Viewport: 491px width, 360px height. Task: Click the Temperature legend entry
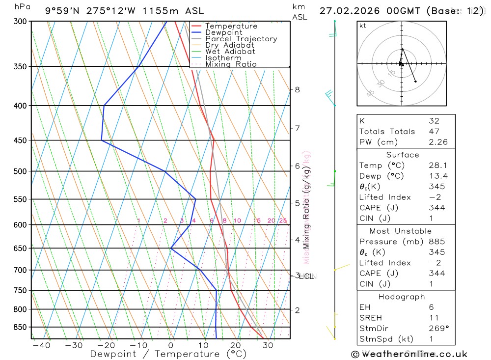[x=231, y=26]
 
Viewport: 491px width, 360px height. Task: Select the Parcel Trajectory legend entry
[x=241, y=39]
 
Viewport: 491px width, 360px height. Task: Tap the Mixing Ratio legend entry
[x=231, y=64]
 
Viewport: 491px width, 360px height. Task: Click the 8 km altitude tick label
[x=297, y=89]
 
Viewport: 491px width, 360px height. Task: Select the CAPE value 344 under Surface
[x=436, y=208]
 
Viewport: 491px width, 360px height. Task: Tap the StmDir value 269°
[x=438, y=329]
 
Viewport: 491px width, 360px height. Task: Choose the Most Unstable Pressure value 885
[x=436, y=242]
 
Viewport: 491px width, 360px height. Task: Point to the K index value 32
[x=434, y=121]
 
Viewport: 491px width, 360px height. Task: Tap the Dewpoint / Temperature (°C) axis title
[x=168, y=354]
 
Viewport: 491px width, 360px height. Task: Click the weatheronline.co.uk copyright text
[x=409, y=354]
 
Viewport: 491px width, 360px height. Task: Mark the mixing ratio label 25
[x=283, y=221]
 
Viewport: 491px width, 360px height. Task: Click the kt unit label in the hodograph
[x=363, y=26]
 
